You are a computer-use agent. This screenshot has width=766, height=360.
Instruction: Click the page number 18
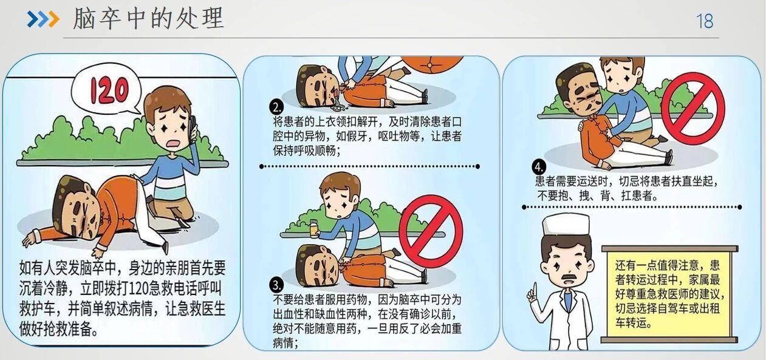tap(705, 21)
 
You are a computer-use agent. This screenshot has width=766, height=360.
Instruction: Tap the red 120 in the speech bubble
tap(109, 90)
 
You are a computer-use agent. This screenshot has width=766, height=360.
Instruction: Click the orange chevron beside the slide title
tap(53, 19)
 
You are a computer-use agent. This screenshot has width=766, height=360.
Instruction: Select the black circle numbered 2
tap(276, 107)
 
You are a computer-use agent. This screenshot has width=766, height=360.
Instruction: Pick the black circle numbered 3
tap(276, 285)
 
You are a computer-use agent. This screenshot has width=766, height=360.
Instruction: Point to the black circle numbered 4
tap(539, 166)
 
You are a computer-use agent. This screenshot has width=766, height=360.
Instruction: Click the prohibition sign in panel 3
tap(431, 231)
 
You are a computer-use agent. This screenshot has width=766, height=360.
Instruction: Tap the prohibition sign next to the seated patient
tap(693, 109)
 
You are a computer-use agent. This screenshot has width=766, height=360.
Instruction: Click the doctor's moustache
tap(567, 277)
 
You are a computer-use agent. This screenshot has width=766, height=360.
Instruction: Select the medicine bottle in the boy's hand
tap(313, 229)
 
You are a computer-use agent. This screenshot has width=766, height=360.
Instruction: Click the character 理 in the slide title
tap(213, 18)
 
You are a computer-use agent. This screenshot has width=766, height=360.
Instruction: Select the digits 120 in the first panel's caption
tap(140, 289)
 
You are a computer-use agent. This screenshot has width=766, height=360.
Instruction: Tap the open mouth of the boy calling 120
tap(174, 144)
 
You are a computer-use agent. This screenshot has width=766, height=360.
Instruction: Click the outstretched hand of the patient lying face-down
tap(30, 239)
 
